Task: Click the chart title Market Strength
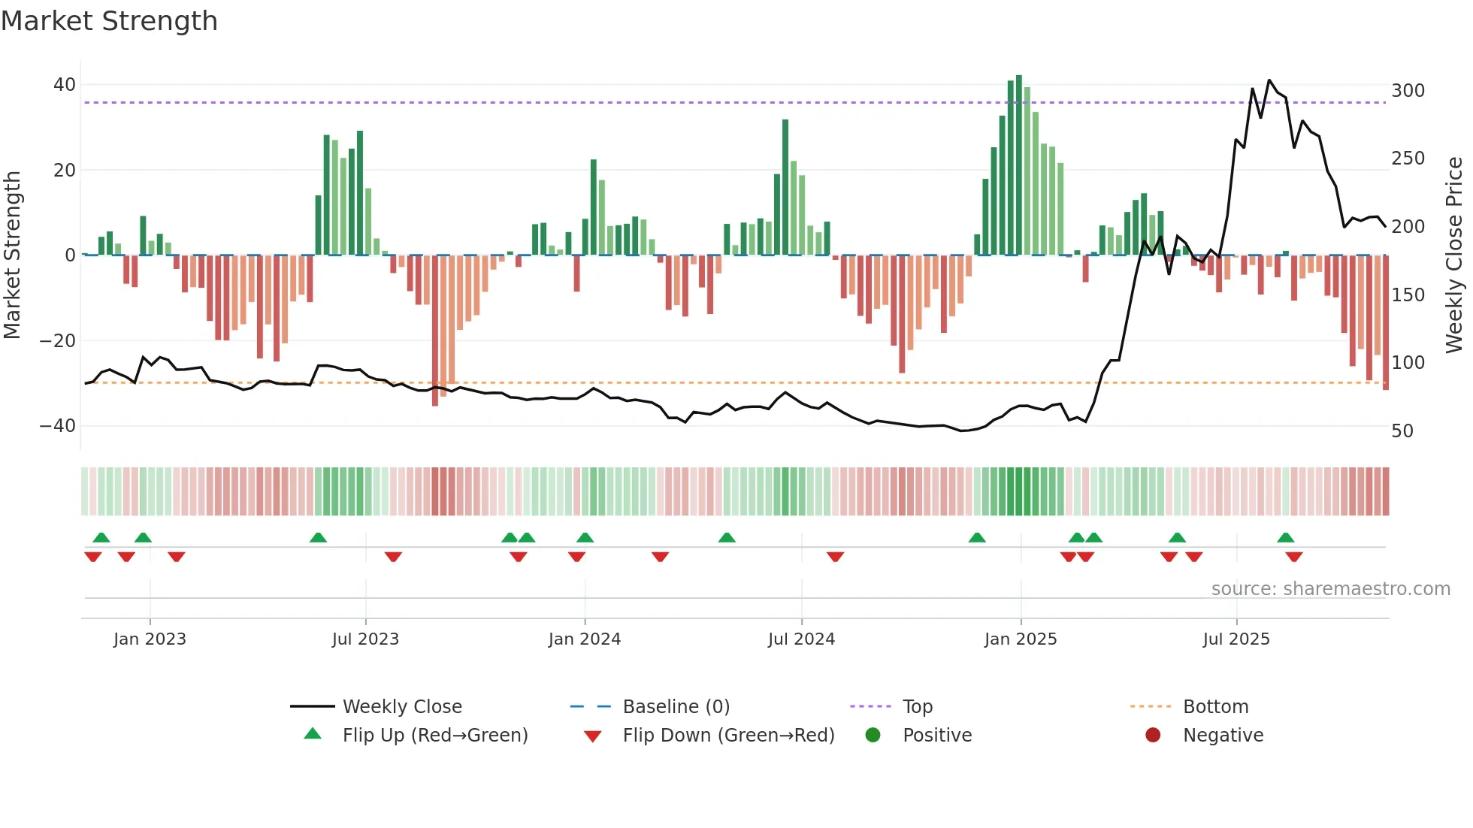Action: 109,21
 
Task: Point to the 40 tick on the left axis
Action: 65,85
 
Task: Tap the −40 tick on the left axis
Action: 58,426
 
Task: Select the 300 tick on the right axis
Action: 1408,91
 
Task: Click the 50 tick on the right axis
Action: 1402,431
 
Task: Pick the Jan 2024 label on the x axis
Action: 584,639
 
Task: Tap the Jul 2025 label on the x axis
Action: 1236,639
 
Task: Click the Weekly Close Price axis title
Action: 1454,255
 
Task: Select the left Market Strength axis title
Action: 13,255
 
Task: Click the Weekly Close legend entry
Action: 402,707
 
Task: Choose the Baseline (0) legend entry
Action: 676,707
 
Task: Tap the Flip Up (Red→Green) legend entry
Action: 434,736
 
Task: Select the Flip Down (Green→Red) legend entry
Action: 728,736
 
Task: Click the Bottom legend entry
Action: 1215,707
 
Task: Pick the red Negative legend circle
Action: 1153,736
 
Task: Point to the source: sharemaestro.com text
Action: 1330,589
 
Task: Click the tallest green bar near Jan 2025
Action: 1019,165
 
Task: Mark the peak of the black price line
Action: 1269,80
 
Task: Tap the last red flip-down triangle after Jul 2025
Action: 1294,557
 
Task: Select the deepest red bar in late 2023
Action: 435,331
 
